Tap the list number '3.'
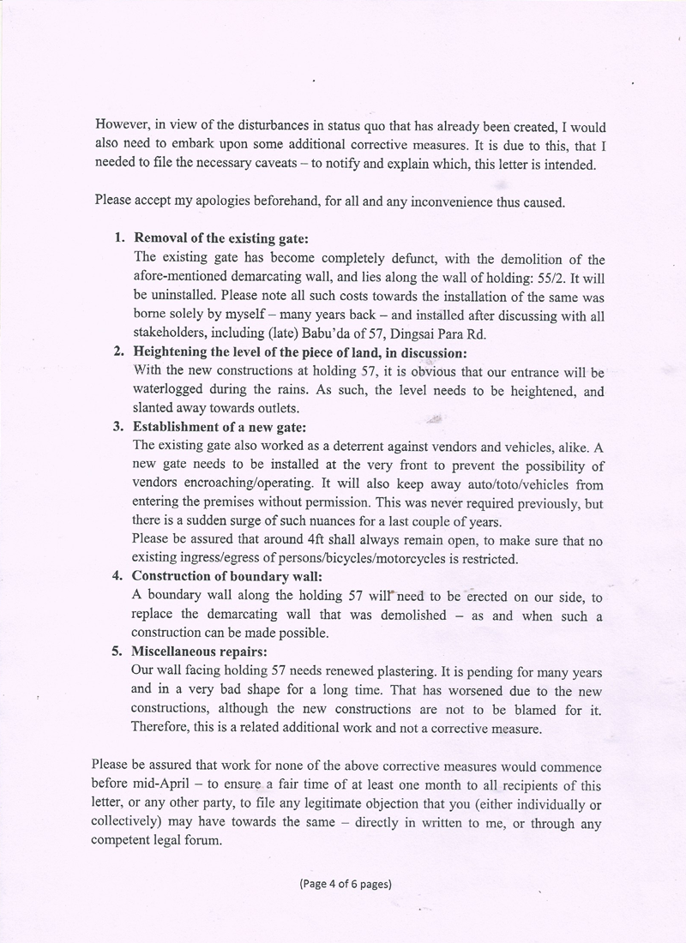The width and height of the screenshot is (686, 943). point(120,426)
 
